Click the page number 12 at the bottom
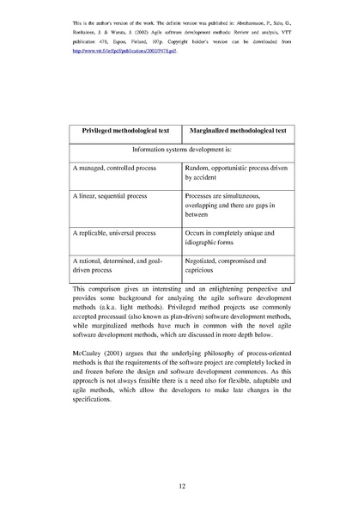pyautogui.click(x=182, y=487)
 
